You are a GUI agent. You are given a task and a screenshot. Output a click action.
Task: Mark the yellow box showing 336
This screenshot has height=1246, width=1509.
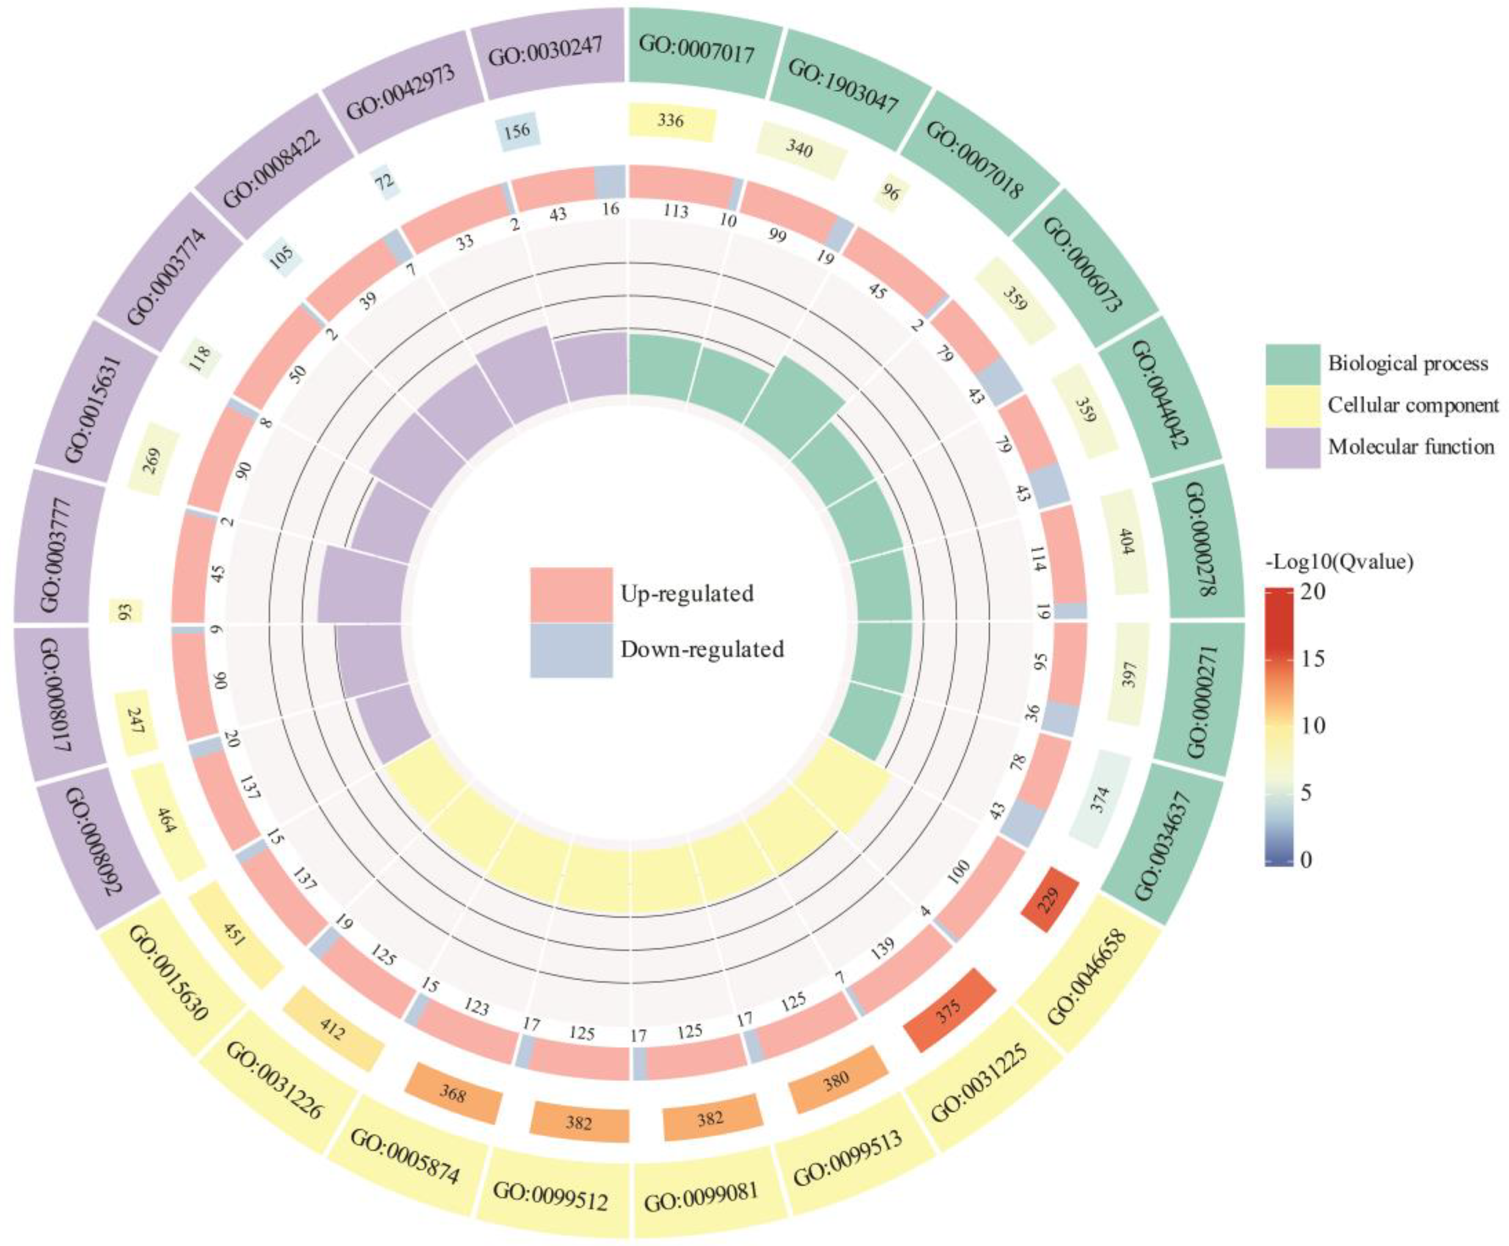(x=671, y=120)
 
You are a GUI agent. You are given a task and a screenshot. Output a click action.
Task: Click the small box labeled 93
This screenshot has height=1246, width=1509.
(x=125, y=612)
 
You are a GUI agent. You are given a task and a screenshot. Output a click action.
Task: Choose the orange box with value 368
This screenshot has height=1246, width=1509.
(x=452, y=1094)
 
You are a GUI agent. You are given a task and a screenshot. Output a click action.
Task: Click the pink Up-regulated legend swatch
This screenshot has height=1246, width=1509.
(x=571, y=595)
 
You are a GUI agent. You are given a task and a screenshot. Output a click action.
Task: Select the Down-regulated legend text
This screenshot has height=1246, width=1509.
(x=702, y=650)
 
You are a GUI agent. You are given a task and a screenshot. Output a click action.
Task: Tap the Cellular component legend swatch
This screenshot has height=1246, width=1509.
(x=1292, y=406)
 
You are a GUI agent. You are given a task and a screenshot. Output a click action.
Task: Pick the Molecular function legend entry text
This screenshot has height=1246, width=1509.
(x=1411, y=447)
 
